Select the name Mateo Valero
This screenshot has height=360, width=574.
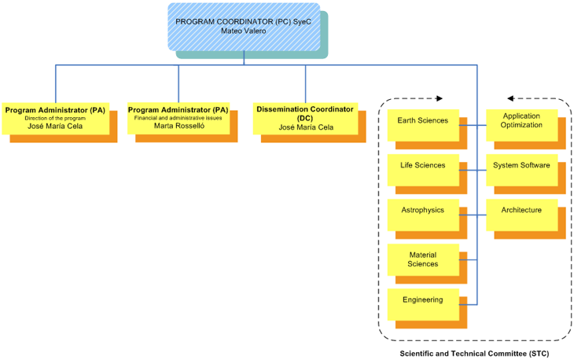tap(244, 31)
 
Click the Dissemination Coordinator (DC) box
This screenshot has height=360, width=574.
tap(306, 119)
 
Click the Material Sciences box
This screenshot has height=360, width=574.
tap(422, 259)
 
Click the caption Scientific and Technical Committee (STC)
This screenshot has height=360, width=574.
tap(474, 354)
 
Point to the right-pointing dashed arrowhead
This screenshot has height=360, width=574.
tap(440, 98)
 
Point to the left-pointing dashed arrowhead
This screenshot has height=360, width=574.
tap(511, 98)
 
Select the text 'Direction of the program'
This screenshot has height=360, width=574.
tap(55, 118)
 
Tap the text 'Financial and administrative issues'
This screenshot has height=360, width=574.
tap(178, 118)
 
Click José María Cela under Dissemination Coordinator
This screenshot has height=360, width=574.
tap(306, 127)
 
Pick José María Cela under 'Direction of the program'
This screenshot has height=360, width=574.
tap(55, 126)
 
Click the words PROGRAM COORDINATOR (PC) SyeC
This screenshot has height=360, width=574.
tap(244, 21)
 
